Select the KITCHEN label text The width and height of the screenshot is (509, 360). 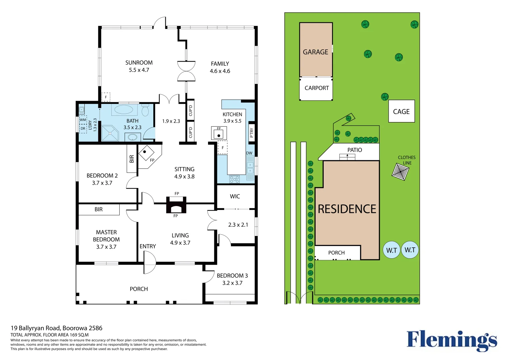(x=232, y=114)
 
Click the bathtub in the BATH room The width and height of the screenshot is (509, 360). (x=124, y=110)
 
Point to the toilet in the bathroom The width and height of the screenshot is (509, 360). (x=145, y=110)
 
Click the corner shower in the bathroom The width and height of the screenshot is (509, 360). (x=110, y=133)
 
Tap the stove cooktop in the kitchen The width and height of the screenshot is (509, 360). (x=234, y=179)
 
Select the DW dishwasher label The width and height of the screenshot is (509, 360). (x=249, y=153)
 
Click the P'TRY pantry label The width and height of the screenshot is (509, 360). (x=252, y=132)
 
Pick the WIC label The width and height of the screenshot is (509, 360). (x=235, y=196)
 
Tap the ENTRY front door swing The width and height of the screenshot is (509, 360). (x=149, y=262)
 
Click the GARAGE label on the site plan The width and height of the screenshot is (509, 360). (x=315, y=52)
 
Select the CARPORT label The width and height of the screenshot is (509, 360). (x=317, y=88)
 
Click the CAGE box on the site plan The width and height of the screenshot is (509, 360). (x=401, y=111)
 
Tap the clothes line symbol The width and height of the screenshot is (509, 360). (x=400, y=172)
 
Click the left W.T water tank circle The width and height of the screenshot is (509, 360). (x=391, y=250)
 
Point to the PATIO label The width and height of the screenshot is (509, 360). (x=354, y=150)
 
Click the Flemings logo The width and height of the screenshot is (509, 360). (x=452, y=340)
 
